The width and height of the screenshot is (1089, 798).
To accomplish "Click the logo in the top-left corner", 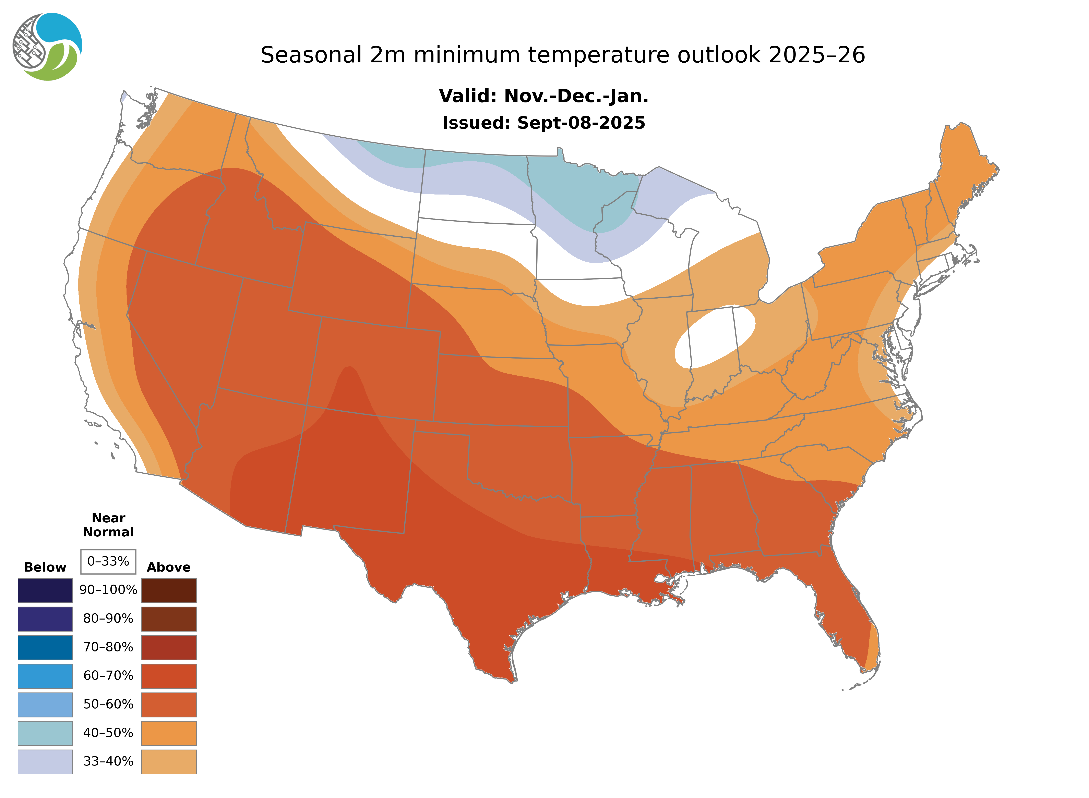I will tap(47, 47).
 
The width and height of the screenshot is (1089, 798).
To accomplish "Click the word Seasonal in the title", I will tap(311, 55).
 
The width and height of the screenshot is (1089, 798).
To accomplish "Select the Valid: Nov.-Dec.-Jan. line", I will tap(543, 96).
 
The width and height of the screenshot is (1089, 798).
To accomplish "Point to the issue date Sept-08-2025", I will tap(581, 123).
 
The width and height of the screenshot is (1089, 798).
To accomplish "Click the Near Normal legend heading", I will tap(108, 525).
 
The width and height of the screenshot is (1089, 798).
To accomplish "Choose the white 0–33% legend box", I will tap(108, 561).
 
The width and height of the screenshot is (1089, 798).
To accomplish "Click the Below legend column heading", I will tap(45, 567).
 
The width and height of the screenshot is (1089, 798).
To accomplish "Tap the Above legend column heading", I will tap(169, 567).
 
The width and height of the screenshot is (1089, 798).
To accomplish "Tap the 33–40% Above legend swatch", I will tap(169, 761).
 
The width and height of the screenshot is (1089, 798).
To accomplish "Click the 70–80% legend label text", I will tap(108, 647).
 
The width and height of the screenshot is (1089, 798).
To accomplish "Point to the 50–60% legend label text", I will tap(108, 704).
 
